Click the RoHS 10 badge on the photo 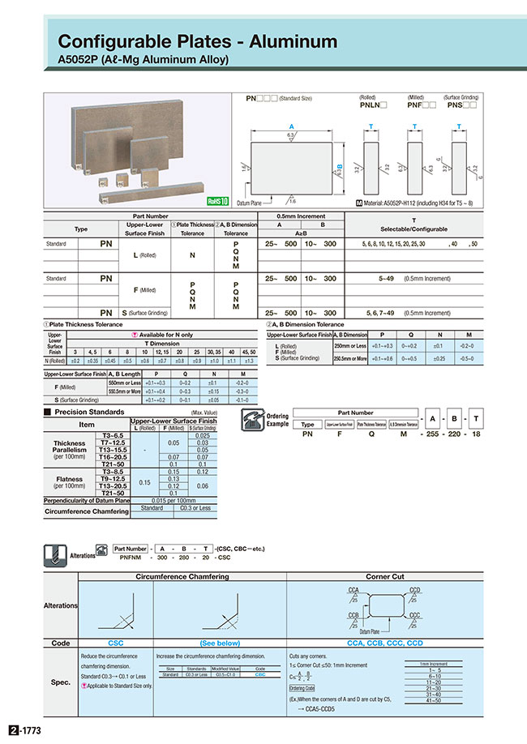(218, 200)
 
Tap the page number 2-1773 (24, 730)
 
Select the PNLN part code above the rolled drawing (372, 105)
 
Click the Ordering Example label (277, 420)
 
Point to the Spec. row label (60, 682)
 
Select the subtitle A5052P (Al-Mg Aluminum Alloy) (144, 59)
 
